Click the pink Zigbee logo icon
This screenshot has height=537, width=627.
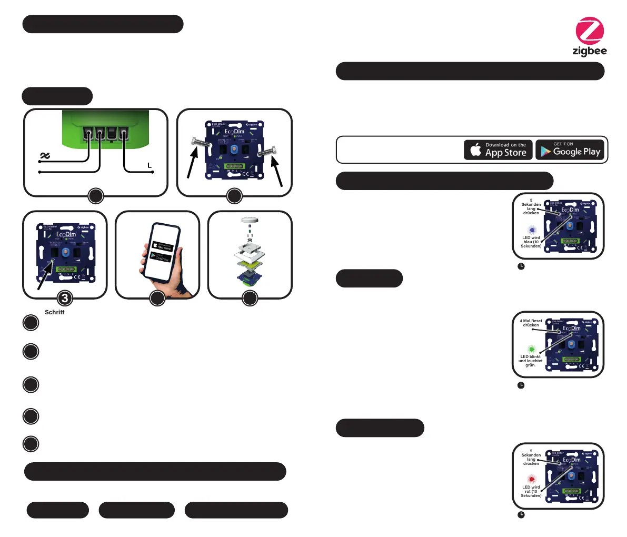[590, 31]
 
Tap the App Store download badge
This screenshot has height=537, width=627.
[498, 150]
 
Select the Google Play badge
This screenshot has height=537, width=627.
[571, 150]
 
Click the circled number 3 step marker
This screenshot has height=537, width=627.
[64, 299]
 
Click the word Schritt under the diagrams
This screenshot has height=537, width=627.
[55, 312]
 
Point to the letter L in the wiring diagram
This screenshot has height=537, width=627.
[150, 166]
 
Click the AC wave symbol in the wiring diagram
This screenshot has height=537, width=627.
[45, 156]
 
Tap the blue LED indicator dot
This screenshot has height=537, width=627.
[532, 230]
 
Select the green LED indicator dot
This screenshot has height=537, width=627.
[532, 349]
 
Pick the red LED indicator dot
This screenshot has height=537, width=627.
[532, 479]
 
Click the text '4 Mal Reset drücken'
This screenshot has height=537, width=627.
[531, 323]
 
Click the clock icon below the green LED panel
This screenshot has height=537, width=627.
[521, 385]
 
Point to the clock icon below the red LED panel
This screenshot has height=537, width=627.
[521, 514]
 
